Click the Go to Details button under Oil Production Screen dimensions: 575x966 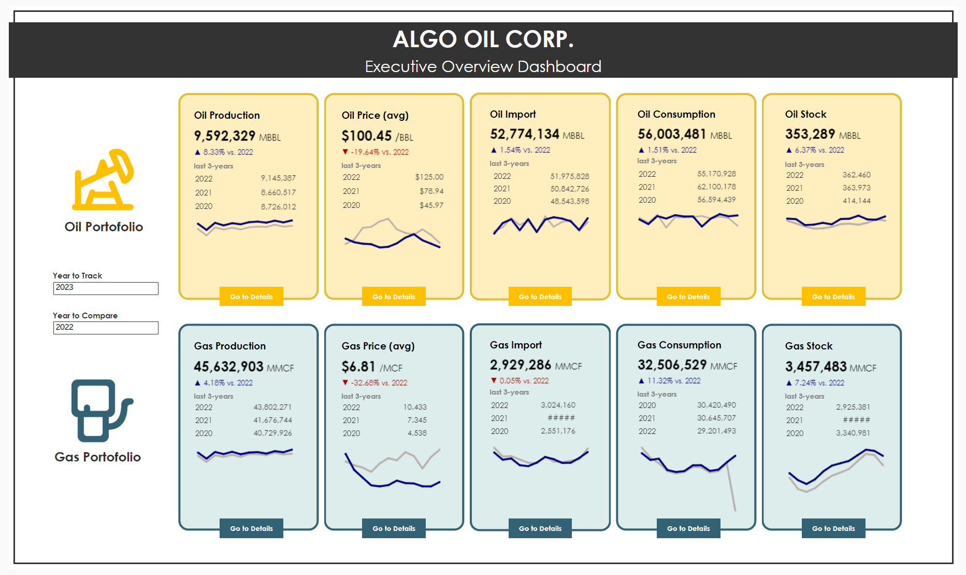(251, 297)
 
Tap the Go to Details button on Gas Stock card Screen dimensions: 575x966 (833, 528)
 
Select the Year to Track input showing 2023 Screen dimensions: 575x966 (106, 288)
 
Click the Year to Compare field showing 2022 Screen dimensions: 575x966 (106, 328)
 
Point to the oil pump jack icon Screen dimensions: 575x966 (103, 180)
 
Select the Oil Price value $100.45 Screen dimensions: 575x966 (366, 136)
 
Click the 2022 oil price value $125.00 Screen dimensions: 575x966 (429, 177)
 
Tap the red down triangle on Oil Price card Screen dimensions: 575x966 (345, 152)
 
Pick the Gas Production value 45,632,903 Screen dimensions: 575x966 (228, 367)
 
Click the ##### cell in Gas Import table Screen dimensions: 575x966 (561, 418)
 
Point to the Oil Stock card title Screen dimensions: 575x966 (805, 115)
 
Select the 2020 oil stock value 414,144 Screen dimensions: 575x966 (856, 201)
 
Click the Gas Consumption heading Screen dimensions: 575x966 (679, 345)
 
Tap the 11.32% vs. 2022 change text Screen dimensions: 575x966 (674, 381)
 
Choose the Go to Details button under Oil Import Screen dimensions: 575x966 (540, 297)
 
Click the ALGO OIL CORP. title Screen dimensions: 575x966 (483, 39)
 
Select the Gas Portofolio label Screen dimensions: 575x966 (98, 457)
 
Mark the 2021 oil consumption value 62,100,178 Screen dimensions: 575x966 (716, 187)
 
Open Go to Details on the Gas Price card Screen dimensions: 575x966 (394, 528)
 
